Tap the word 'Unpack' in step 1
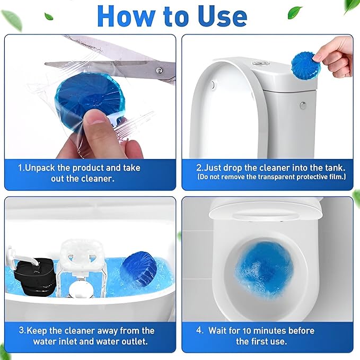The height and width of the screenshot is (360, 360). [x=43, y=168]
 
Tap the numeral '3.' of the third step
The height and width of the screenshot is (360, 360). [x=22, y=330]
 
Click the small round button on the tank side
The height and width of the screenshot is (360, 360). [x=303, y=106]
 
